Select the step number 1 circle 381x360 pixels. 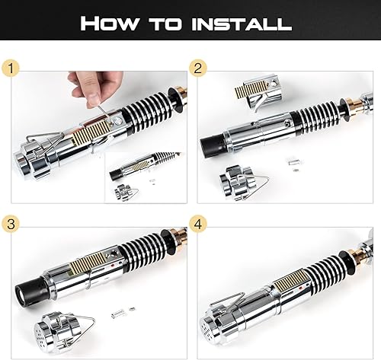click(11, 68)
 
